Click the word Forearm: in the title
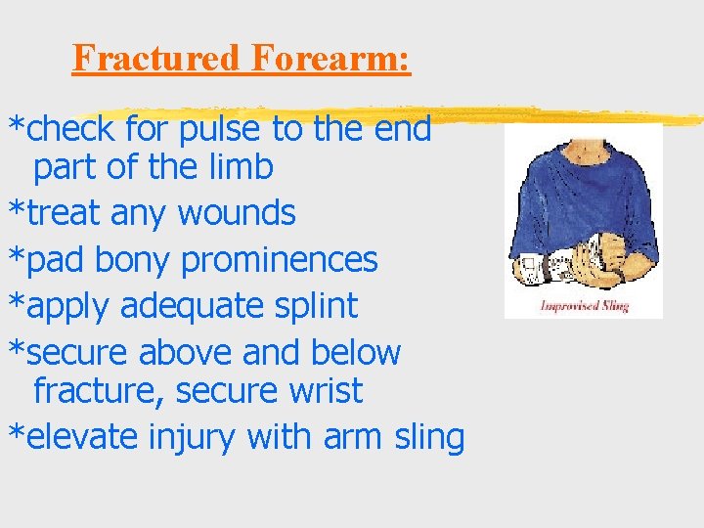click(330, 58)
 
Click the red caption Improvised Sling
click(584, 306)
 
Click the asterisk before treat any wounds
click(17, 214)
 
